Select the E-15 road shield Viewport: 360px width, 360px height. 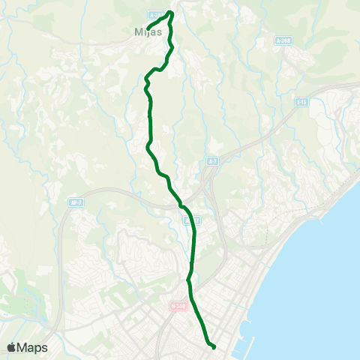301,101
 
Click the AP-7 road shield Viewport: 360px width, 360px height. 75,202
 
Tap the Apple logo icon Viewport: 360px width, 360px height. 12,347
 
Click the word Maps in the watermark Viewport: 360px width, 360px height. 34,347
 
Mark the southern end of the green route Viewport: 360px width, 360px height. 214,346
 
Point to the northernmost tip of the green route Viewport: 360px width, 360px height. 172,12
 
